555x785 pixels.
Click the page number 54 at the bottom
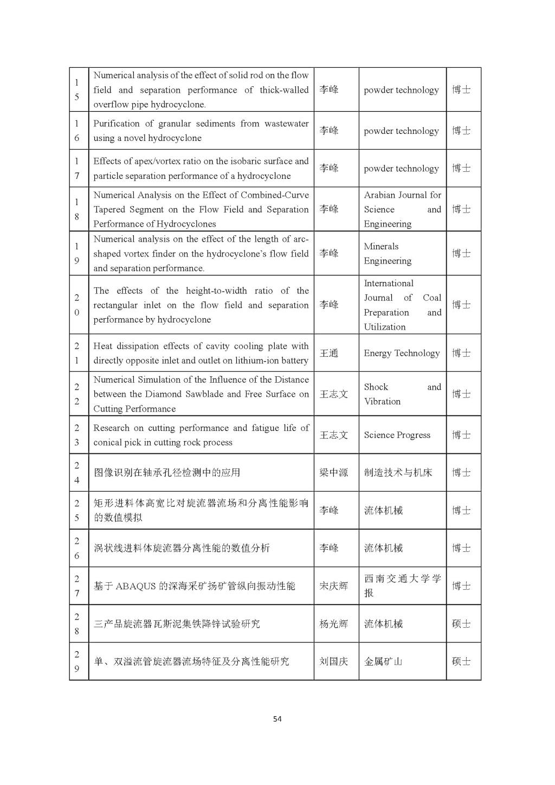click(277, 719)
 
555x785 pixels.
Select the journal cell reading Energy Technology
click(402, 353)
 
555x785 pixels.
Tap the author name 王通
click(328, 353)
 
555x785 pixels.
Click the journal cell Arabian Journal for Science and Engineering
click(402, 209)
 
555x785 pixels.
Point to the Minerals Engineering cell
click(388, 253)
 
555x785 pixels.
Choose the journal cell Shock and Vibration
click(402, 394)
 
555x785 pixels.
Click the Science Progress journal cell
click(397, 435)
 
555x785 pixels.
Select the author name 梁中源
click(333, 473)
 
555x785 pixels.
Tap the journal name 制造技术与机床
click(398, 473)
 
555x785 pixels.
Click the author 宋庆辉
click(333, 586)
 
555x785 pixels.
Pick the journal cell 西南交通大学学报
click(402, 586)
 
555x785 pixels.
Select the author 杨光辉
click(333, 624)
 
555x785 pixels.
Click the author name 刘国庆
click(333, 661)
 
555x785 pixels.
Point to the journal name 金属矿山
click(383, 661)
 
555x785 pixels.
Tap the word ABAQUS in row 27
click(135, 586)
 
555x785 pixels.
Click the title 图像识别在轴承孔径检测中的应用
click(167, 473)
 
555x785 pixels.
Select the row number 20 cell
click(77, 305)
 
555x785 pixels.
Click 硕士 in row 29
click(461, 661)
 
